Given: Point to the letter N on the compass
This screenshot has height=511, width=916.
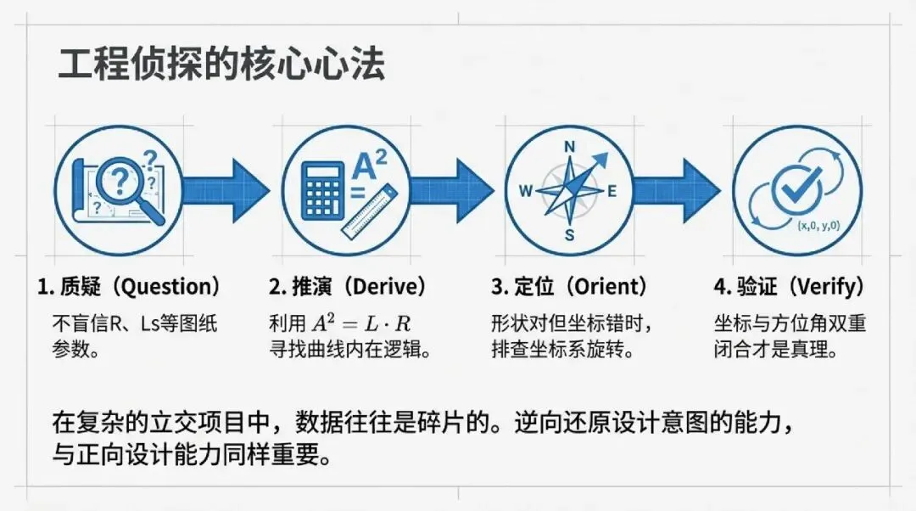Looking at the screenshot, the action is pyautogui.click(x=570, y=146).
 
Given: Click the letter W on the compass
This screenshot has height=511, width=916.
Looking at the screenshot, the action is pyautogui.click(x=525, y=191).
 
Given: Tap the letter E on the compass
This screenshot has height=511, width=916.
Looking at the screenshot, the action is pyautogui.click(x=612, y=191).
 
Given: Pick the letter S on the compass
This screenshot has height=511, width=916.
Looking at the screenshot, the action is pyautogui.click(x=570, y=235).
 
